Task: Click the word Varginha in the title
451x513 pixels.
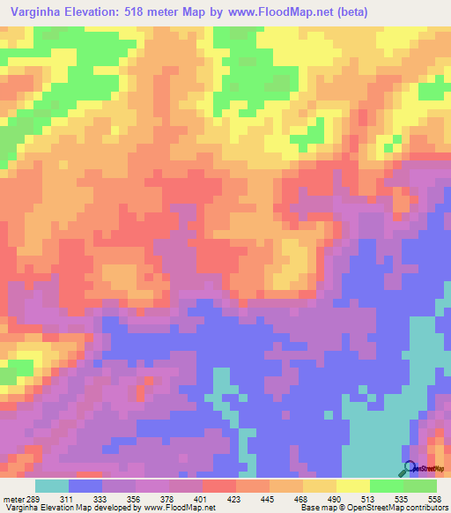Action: (34, 12)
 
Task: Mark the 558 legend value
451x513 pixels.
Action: (434, 498)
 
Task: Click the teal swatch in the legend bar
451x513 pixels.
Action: (51, 486)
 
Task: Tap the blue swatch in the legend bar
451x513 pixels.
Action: (85, 486)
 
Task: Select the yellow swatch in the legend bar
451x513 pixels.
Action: (352, 486)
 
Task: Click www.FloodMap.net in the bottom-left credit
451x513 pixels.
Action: (181, 508)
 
